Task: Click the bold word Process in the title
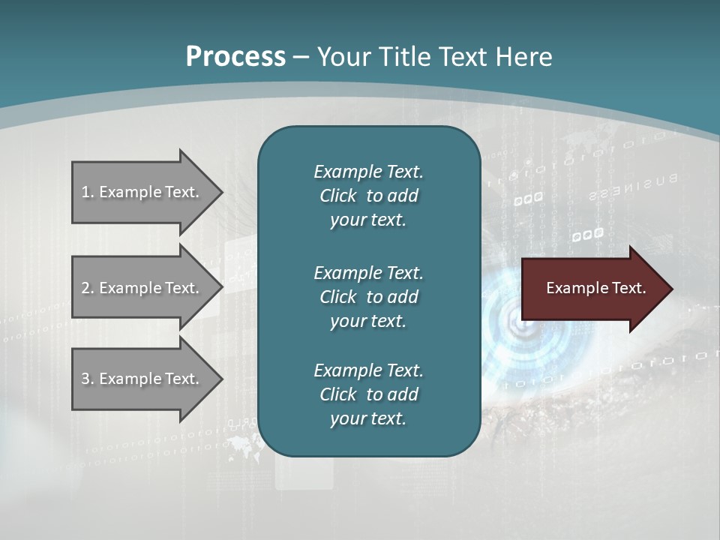[235, 57]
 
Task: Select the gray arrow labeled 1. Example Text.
[142, 192]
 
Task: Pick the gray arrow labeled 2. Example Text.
[142, 288]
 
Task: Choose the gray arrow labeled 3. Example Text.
[142, 379]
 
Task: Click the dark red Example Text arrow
[592, 289]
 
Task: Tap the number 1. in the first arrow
[88, 192]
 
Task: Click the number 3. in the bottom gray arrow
[88, 379]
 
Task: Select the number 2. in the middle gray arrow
[88, 288]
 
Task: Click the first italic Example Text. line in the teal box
[368, 172]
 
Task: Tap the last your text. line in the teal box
[368, 418]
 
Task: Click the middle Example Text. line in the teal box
[368, 272]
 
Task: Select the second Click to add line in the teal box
[368, 297]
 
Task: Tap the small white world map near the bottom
[241, 442]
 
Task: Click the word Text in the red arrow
[629, 288]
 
